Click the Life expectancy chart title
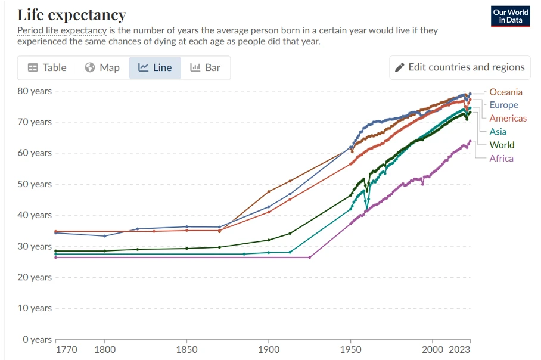point(71,15)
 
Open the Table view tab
point(47,68)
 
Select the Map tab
point(102,68)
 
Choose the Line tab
point(155,68)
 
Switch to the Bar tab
point(206,68)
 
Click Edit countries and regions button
point(460,67)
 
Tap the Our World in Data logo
point(510,16)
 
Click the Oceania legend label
point(506,92)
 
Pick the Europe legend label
point(503,105)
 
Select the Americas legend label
point(508,119)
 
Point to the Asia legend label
point(498,132)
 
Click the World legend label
point(502,145)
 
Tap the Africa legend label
point(501,159)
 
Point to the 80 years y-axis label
point(35,91)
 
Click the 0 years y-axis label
point(38,340)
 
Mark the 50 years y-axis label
point(35,184)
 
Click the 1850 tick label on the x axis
point(186,350)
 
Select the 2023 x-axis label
point(459,350)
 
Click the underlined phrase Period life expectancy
point(62,30)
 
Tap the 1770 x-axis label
point(66,350)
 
